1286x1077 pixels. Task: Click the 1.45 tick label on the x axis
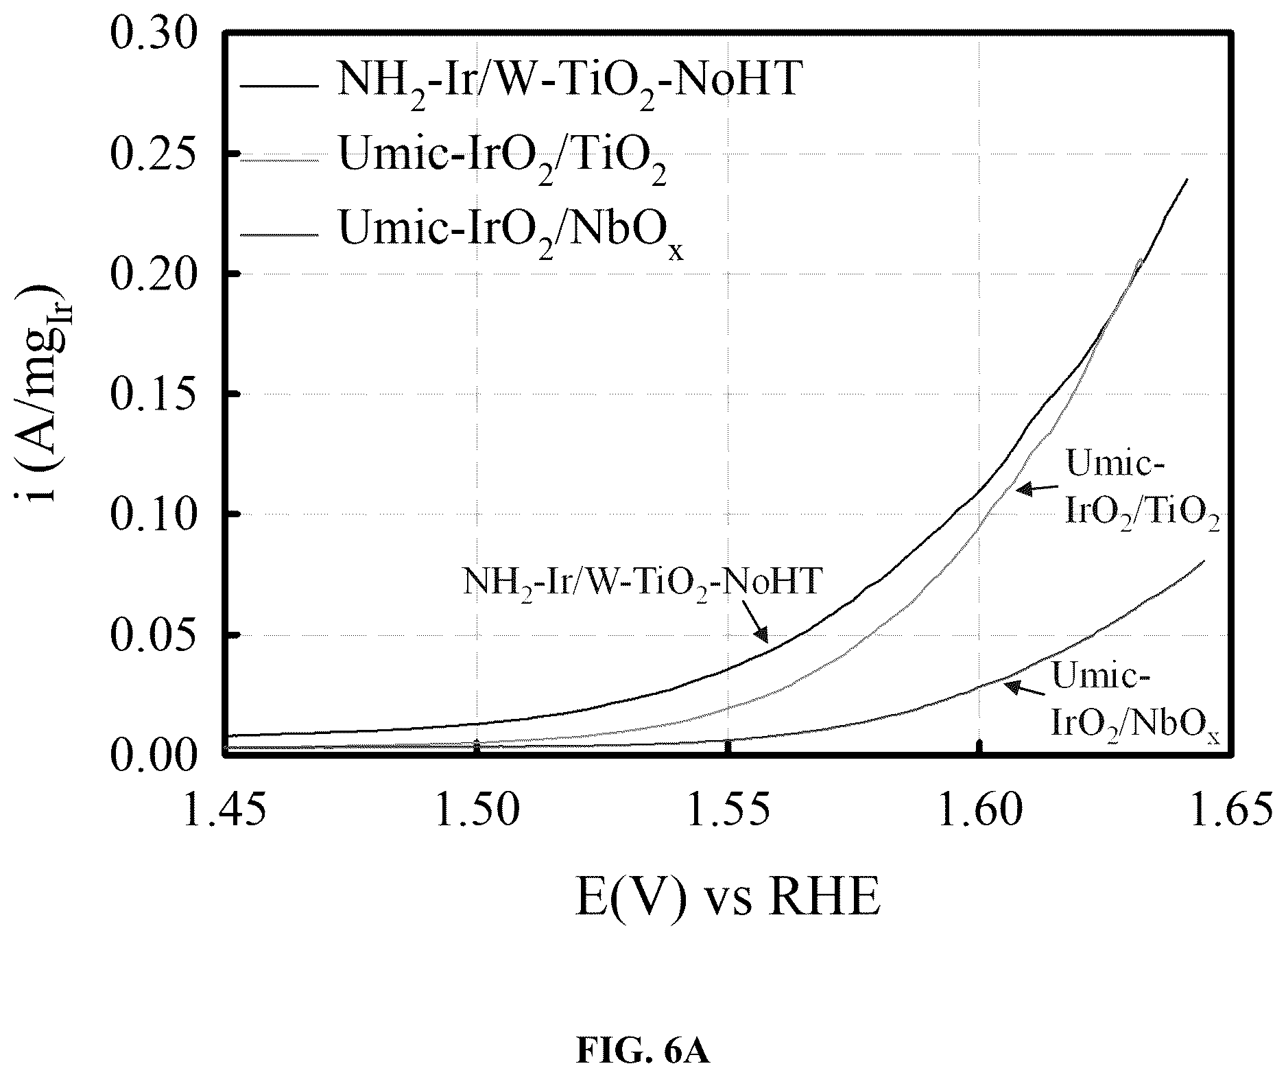coord(226,811)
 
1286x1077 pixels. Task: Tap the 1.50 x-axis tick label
coord(477,811)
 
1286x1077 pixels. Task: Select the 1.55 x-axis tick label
coord(728,811)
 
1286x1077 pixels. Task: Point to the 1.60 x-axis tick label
coord(979,811)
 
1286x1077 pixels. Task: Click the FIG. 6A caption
coord(643,1050)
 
